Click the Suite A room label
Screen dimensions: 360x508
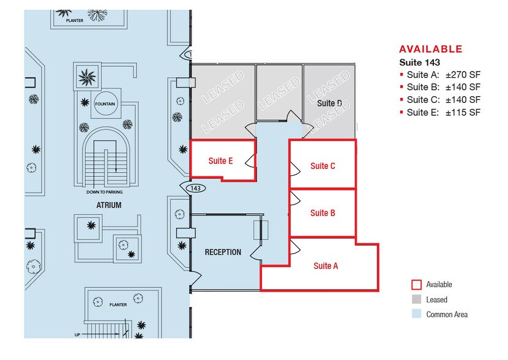pyautogui.click(x=326, y=266)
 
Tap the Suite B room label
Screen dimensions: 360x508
pyautogui.click(x=323, y=213)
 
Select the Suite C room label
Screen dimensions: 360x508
pyautogui.click(x=323, y=166)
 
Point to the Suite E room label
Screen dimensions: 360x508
pyautogui.click(x=220, y=162)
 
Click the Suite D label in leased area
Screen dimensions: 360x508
pyautogui.click(x=329, y=103)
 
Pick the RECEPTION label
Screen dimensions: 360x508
pyautogui.click(x=223, y=252)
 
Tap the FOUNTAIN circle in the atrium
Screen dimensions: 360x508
pyautogui.click(x=106, y=104)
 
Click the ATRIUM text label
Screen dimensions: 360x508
pyautogui.click(x=108, y=206)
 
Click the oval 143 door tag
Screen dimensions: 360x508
pyautogui.click(x=196, y=188)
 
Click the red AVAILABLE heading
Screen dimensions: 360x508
pyautogui.click(x=430, y=50)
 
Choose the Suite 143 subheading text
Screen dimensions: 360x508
pyautogui.click(x=419, y=62)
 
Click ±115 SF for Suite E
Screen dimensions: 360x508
pyautogui.click(x=463, y=112)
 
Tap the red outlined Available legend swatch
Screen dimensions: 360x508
pyautogui.click(x=416, y=285)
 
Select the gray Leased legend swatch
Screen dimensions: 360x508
pyautogui.click(x=416, y=299)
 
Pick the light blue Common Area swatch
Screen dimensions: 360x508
pyautogui.click(x=416, y=314)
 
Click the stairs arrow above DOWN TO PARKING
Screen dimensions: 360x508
pyautogui.click(x=114, y=162)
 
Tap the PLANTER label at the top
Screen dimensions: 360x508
pyautogui.click(x=75, y=20)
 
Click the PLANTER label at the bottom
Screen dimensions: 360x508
pyautogui.click(x=118, y=304)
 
